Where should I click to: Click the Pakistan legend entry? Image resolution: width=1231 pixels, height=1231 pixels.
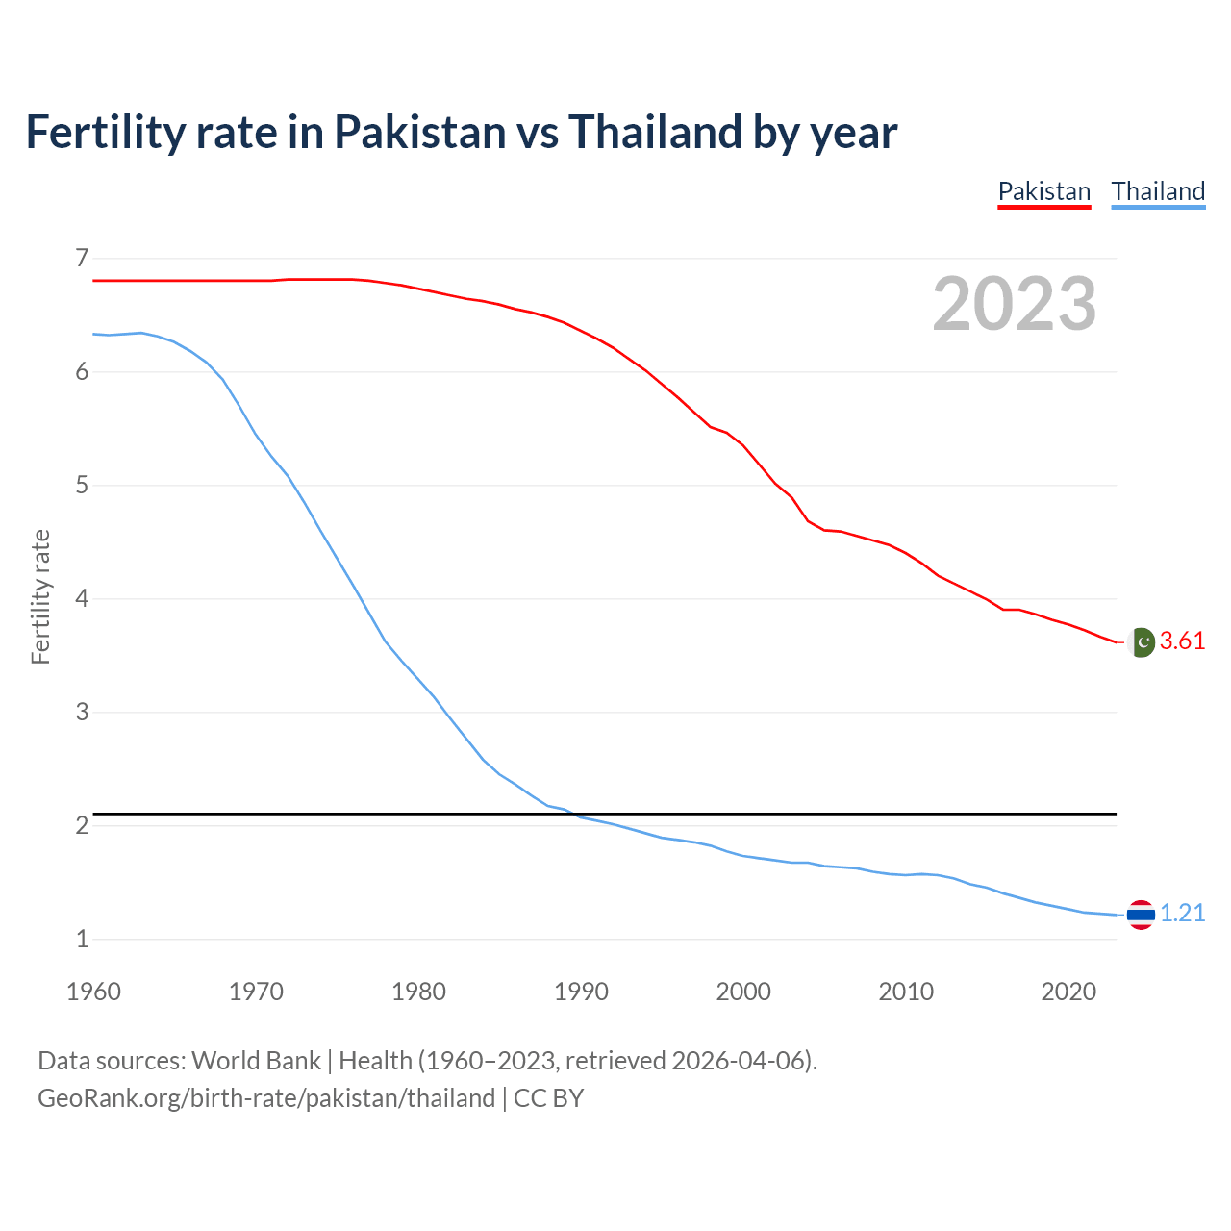[1043, 191]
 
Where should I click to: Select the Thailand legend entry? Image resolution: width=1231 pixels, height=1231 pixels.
[1158, 191]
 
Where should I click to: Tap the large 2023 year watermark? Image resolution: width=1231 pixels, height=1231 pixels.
[1015, 304]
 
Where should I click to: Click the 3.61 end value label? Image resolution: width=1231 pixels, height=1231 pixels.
[1182, 641]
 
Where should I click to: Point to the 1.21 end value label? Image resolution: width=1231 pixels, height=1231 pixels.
[1182, 914]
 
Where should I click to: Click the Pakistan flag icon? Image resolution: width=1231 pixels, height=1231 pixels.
[1142, 641]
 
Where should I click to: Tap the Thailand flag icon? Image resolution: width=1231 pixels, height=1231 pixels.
[1141, 915]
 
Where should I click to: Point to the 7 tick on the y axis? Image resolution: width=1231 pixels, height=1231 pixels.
[82, 258]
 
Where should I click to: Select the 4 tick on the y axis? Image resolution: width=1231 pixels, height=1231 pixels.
[82, 598]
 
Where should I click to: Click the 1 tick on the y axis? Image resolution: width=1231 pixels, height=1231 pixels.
[82, 939]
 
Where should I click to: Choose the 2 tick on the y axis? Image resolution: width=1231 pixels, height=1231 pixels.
[82, 825]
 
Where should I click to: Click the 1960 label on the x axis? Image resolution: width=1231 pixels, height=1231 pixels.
[93, 992]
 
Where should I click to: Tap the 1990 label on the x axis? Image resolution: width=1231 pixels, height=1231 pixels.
[581, 992]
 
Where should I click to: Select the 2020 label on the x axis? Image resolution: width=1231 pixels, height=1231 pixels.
[1068, 992]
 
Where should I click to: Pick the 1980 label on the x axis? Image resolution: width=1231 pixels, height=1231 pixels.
[418, 992]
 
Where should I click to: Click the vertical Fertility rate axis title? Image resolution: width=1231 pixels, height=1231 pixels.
[40, 597]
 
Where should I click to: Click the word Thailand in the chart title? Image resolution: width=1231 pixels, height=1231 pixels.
[655, 133]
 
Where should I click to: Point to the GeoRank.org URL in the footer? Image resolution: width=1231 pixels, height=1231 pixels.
[265, 1098]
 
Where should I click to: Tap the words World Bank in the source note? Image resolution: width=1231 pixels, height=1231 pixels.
[256, 1061]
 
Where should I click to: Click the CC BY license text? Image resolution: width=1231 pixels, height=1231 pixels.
[548, 1098]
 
